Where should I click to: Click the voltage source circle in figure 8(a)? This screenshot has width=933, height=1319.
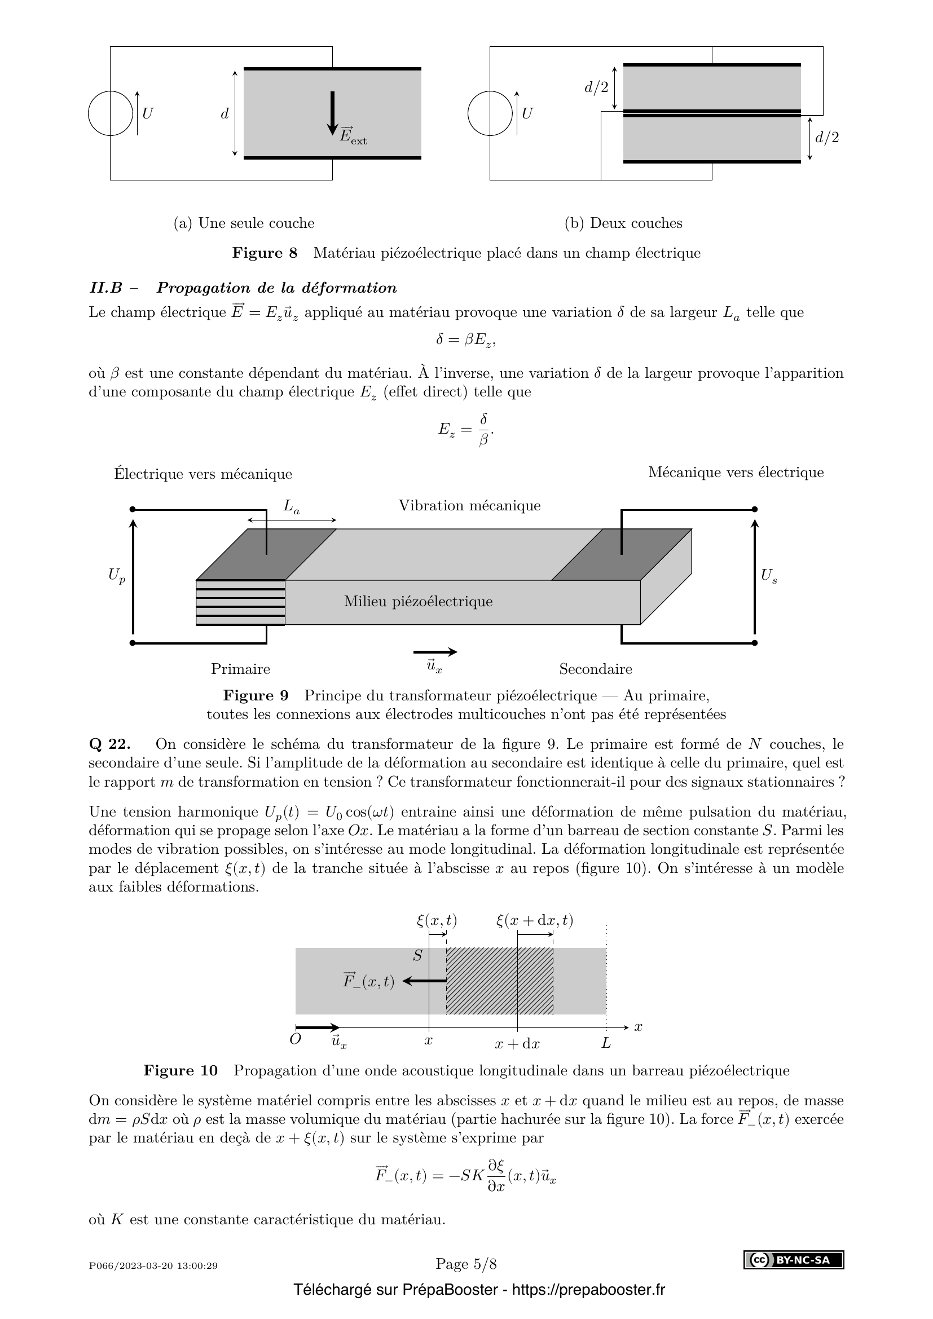pyautogui.click(x=111, y=114)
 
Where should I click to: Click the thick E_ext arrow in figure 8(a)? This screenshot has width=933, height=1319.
pyautogui.click(x=332, y=113)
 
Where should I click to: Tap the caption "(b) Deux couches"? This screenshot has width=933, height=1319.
pyautogui.click(x=623, y=223)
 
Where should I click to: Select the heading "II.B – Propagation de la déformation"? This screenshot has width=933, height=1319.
pyautogui.click(x=243, y=288)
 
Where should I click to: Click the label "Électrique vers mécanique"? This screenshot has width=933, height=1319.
pyautogui.click(x=203, y=474)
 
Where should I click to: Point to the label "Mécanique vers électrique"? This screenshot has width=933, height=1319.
pyautogui.click(x=736, y=472)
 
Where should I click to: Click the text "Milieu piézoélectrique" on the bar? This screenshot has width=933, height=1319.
pyautogui.click(x=418, y=602)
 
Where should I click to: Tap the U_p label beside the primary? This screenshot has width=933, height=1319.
pyautogui.click(x=117, y=575)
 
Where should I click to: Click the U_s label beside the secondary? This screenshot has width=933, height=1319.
pyautogui.click(x=769, y=576)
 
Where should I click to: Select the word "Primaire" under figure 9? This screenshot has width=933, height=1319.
pyautogui.click(x=240, y=669)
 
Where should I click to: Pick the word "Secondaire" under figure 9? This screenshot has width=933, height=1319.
pyautogui.click(x=595, y=669)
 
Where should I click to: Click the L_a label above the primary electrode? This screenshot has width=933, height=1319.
pyautogui.click(x=291, y=507)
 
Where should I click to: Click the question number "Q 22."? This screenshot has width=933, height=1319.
pyautogui.click(x=110, y=744)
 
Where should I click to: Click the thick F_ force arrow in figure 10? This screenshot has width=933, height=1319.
pyautogui.click(x=425, y=981)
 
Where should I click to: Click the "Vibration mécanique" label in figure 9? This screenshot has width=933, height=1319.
pyautogui.click(x=469, y=505)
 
